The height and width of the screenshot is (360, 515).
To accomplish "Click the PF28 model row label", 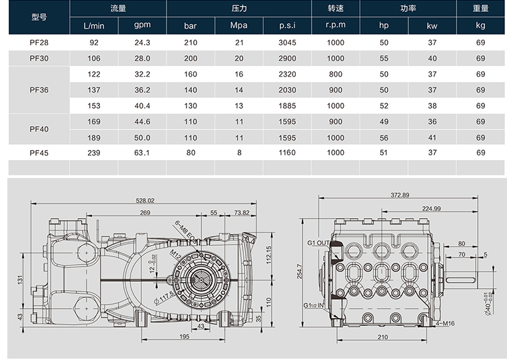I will pos(39,42).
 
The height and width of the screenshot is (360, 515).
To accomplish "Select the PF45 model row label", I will pos(39,153).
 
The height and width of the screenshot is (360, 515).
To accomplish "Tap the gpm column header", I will pos(142,25).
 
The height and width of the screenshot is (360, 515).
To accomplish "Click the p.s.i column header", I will pos(288,25).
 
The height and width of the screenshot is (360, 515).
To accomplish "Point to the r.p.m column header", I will pos(336,25).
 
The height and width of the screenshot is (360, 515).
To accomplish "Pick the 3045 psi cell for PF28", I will pos(288,42).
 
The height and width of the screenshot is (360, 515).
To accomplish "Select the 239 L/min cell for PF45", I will pos(94,153).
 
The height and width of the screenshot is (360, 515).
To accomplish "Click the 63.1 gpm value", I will pos(142,153).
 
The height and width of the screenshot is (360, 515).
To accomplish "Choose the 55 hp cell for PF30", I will pos(384,59).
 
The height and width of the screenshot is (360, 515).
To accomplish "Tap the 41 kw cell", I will pos(432,137).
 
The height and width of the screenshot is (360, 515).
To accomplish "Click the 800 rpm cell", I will pos(336,74).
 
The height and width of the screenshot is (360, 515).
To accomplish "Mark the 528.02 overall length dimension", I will pos(145,200).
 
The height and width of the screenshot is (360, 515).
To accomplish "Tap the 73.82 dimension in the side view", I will pos(241,213).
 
